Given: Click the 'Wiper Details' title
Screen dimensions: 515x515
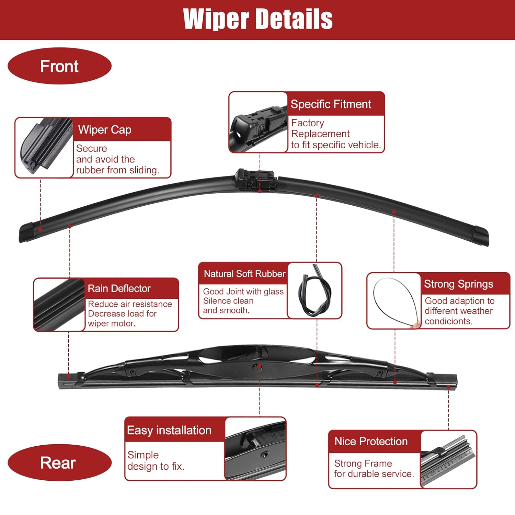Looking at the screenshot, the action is click(258, 19).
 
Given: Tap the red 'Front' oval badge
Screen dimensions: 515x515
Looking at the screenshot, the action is click(59, 66).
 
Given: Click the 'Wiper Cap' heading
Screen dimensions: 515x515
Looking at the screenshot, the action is click(105, 130).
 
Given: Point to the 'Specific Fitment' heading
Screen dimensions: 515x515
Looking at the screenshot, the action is click(331, 104).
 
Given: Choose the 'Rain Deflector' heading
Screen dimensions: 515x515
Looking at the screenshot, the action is click(119, 288).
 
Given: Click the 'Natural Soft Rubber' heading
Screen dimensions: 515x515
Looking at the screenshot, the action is click(244, 274).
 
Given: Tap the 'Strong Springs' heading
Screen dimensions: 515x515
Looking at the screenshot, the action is click(458, 284).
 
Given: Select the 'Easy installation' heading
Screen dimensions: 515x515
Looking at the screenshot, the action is click(169, 430).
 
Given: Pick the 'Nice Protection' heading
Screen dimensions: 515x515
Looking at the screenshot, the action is click(371, 441).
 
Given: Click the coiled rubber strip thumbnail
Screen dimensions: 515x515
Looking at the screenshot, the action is click(314, 290).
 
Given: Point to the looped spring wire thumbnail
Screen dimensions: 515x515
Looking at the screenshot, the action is click(394, 301).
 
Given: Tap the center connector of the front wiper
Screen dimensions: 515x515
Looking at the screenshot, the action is click(256, 179).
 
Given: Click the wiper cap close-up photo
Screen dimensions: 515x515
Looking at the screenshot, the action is click(44, 148).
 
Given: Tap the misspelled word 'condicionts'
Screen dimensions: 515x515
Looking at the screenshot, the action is click(448, 321).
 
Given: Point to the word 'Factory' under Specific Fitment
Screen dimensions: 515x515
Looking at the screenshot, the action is click(307, 123).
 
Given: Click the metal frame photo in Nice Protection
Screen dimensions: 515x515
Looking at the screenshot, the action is click(448, 459).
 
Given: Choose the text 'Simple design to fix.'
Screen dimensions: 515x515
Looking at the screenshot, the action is click(156, 460).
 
